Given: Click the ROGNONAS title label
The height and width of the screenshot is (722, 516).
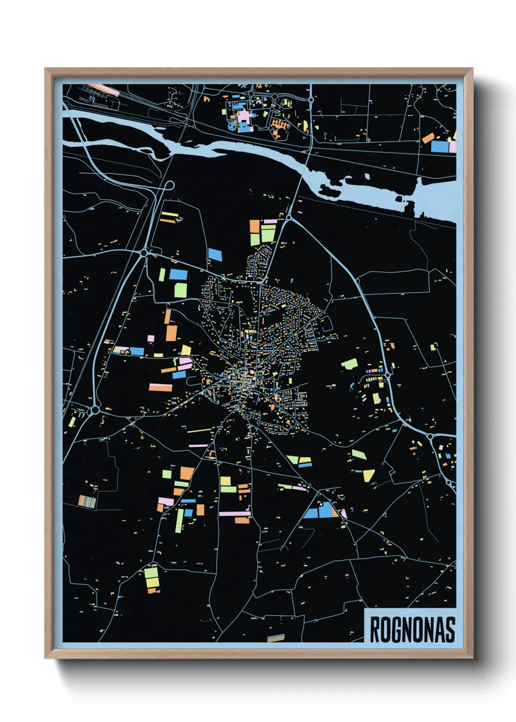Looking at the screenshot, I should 412,629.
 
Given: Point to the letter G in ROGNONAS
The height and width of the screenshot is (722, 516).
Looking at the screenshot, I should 397,629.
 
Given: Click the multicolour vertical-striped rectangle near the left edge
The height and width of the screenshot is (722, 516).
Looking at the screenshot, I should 87,501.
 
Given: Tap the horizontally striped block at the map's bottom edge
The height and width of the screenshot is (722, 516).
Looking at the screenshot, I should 276,638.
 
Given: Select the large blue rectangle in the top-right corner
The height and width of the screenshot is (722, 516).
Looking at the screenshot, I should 439,146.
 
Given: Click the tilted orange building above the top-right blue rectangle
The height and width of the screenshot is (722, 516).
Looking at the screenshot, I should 428,138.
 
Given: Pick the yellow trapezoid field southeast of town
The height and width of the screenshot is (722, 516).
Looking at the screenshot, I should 369,475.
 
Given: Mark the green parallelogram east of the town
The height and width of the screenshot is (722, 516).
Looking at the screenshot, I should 349,364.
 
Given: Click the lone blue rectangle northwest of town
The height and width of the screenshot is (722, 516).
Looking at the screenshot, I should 215,254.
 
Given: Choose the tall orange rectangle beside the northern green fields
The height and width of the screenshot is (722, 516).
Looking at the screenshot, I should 255,233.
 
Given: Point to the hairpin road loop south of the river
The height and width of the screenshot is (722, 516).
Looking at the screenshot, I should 170,186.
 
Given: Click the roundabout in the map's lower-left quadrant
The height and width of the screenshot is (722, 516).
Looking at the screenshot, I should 95,410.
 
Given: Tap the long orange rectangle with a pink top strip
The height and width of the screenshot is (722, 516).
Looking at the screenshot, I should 160,387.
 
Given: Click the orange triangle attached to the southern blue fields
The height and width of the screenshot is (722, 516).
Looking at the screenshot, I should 335,513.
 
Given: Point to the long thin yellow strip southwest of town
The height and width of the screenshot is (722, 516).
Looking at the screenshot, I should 199,430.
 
